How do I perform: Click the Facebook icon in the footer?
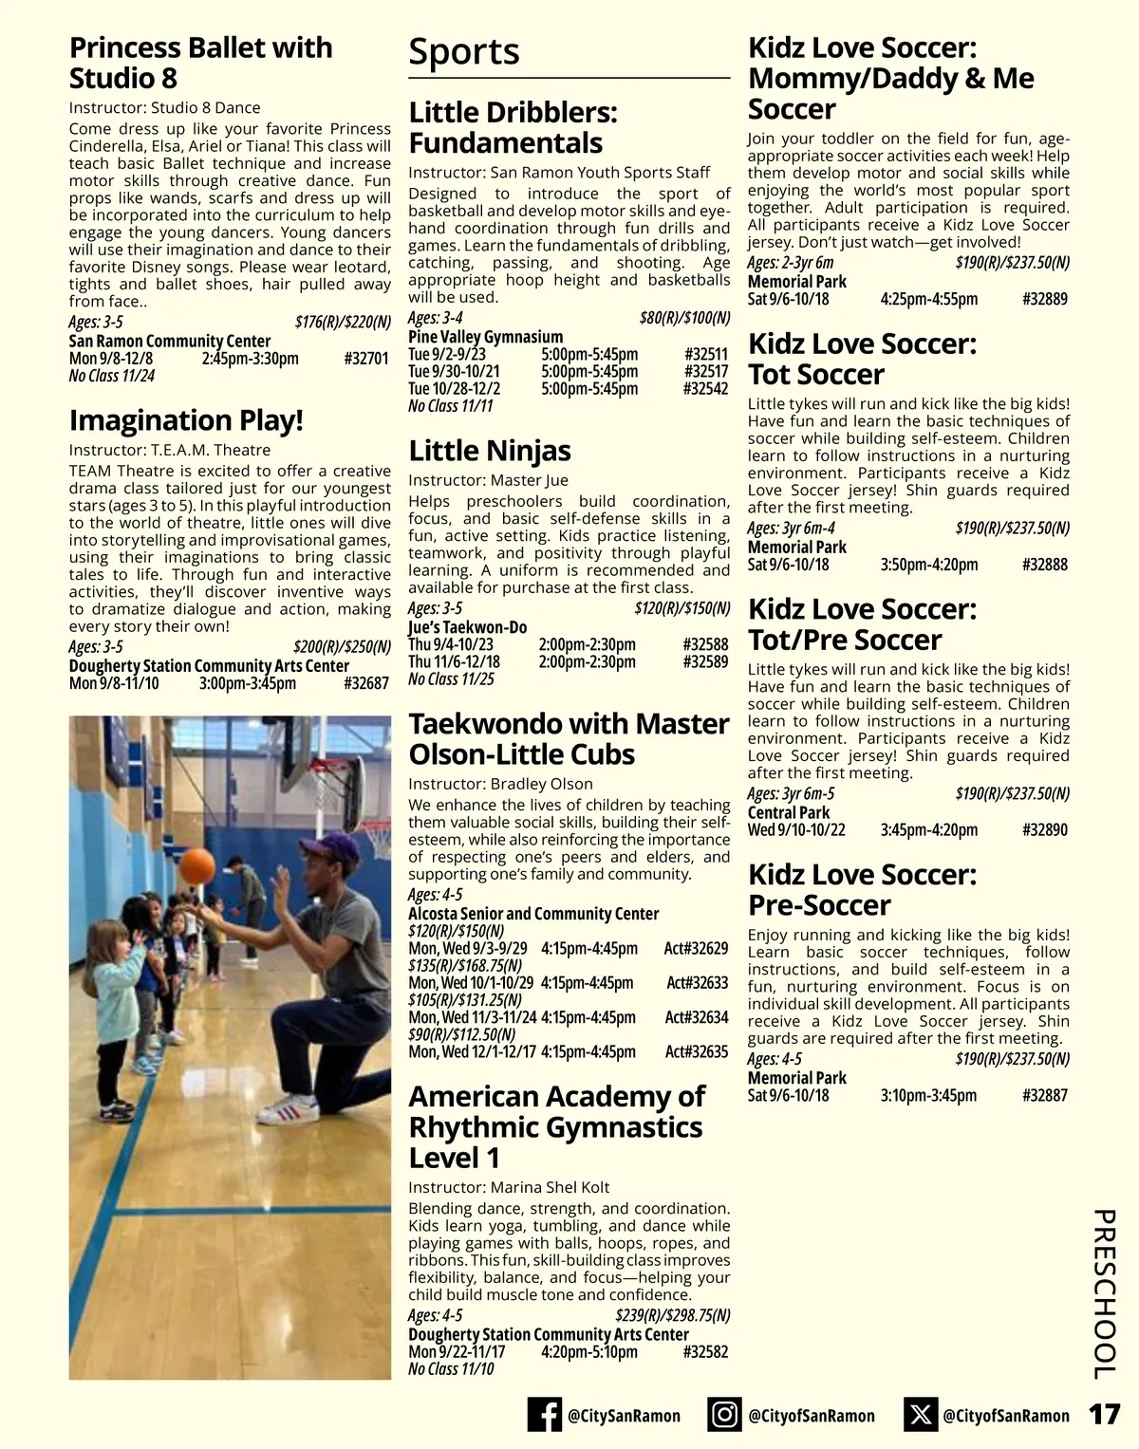(544, 1415)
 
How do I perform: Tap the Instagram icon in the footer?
(724, 1415)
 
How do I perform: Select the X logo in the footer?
(920, 1415)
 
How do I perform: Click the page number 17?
(1104, 1415)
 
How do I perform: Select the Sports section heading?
(464, 52)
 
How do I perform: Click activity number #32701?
(366, 359)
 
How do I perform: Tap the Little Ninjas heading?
(490, 450)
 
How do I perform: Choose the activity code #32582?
(705, 1351)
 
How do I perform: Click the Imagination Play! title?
(186, 419)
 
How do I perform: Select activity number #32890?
(1045, 829)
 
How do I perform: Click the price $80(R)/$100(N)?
(684, 318)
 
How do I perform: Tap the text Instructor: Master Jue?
(488, 480)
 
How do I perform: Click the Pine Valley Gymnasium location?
(485, 337)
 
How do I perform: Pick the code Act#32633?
(697, 983)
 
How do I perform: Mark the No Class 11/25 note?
(451, 679)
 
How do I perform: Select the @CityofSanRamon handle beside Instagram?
(812, 1416)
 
